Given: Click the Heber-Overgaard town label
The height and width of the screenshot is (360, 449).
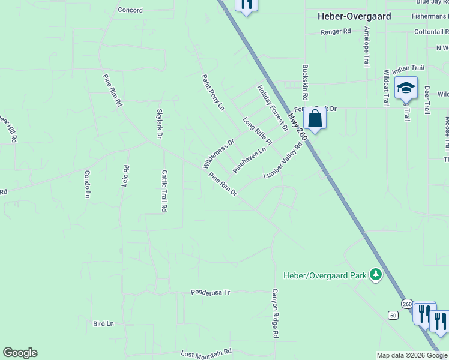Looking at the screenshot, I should pos(354,17).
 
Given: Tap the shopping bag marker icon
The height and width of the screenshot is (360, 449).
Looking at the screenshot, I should pos(315,119).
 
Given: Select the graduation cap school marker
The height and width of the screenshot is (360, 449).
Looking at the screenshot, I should pos(406,89).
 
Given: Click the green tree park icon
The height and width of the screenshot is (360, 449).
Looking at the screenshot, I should pos(376,275).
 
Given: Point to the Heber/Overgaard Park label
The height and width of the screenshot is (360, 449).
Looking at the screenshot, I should pos(325,276).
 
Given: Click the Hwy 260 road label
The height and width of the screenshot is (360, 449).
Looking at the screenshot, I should pos(297,127).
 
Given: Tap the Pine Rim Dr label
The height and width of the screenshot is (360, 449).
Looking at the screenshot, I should pos(223,185).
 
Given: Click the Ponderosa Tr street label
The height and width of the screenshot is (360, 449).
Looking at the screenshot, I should pos(211,292).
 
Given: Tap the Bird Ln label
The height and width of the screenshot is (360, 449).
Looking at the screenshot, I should pos(103,323).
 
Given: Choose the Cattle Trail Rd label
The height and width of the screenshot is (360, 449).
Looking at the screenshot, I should pos(163,191).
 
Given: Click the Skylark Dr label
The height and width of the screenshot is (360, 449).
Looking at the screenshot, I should pos(160,124).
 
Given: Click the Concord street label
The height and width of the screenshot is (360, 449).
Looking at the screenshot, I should pos(130,10).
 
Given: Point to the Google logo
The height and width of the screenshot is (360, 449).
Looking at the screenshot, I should pos(20,353).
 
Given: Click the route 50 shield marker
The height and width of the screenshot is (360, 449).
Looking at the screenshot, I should pos(393,315).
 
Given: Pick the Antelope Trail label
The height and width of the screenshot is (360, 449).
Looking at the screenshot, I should pos(366,55).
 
